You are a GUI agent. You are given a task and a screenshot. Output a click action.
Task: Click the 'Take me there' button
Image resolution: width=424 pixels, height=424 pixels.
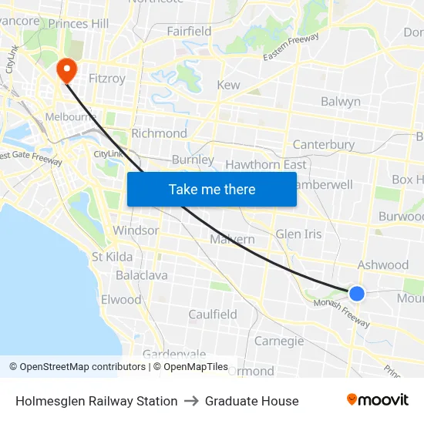(211, 189)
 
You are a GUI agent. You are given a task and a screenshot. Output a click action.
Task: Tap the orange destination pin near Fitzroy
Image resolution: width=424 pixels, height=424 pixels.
(67, 70)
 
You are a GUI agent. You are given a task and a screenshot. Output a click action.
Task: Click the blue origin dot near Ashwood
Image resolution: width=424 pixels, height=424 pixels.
(356, 293)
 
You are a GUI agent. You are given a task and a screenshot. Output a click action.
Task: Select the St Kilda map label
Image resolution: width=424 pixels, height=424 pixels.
(112, 257)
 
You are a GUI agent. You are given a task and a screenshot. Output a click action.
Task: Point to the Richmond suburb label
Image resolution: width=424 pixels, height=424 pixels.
(159, 133)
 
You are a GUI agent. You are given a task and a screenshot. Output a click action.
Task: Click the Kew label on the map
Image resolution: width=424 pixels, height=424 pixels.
(228, 85)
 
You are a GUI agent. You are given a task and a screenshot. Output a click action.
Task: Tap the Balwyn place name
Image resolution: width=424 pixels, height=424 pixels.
(340, 102)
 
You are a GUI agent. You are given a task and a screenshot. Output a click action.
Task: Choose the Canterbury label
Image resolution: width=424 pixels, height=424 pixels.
(324, 144)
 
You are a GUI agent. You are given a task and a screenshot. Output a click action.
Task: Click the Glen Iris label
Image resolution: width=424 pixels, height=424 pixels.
(298, 234)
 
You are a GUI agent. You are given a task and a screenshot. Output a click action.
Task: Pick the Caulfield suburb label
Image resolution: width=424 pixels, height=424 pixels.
(213, 315)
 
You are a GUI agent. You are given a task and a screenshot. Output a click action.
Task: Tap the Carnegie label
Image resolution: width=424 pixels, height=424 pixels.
(279, 341)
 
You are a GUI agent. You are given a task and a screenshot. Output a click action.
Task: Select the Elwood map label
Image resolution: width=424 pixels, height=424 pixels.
(121, 300)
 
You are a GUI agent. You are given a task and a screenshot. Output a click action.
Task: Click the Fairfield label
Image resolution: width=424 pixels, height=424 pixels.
(189, 32)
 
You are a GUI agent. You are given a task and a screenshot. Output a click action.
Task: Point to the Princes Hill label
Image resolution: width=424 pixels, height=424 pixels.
(78, 23)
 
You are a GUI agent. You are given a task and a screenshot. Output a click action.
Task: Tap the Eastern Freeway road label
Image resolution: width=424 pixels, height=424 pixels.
(291, 49)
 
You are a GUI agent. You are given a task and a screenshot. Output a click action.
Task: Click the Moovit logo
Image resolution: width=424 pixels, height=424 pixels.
(378, 400)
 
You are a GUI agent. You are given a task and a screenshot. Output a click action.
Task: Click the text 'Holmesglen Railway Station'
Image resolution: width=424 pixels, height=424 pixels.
(96, 401)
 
